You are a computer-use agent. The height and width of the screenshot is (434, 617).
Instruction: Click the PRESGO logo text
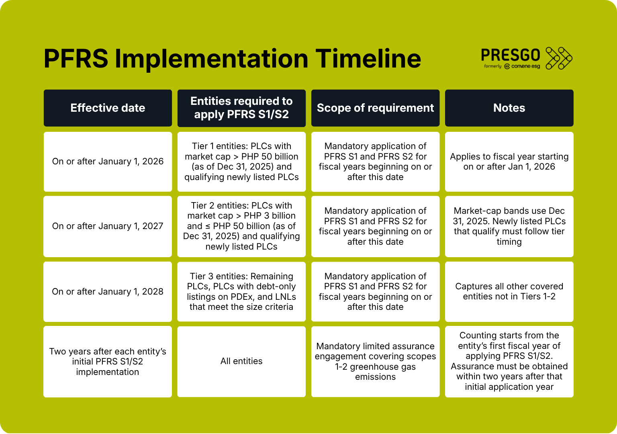click(511, 55)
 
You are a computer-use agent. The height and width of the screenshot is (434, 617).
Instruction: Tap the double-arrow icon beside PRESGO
click(559, 58)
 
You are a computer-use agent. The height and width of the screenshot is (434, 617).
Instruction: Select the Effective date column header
click(108, 108)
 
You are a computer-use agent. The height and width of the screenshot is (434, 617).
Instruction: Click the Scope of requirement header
click(376, 108)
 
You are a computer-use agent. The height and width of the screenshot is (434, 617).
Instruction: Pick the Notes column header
click(509, 108)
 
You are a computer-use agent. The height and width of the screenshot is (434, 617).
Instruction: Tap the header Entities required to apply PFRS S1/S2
click(241, 108)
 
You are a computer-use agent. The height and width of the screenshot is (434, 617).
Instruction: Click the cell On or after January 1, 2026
click(108, 162)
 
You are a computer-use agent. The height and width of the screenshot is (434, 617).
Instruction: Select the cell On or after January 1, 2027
click(108, 226)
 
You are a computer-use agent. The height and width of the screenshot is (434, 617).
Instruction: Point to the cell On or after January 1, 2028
click(108, 291)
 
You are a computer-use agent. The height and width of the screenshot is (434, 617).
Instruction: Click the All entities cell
click(241, 361)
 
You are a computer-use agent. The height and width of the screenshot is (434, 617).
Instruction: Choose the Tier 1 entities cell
click(241, 162)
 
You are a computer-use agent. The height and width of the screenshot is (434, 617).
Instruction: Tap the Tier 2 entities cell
click(241, 226)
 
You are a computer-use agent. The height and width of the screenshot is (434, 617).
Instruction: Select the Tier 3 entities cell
click(241, 291)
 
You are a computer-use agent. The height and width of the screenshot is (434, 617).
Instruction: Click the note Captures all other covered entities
click(509, 291)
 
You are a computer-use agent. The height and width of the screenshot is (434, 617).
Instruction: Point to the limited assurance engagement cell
click(376, 361)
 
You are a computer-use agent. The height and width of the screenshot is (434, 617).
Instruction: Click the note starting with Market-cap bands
click(509, 226)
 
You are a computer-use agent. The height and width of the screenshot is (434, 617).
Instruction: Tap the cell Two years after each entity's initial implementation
click(108, 361)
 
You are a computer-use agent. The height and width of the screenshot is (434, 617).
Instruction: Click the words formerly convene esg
click(512, 66)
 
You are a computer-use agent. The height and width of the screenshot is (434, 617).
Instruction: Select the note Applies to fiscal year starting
click(509, 162)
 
